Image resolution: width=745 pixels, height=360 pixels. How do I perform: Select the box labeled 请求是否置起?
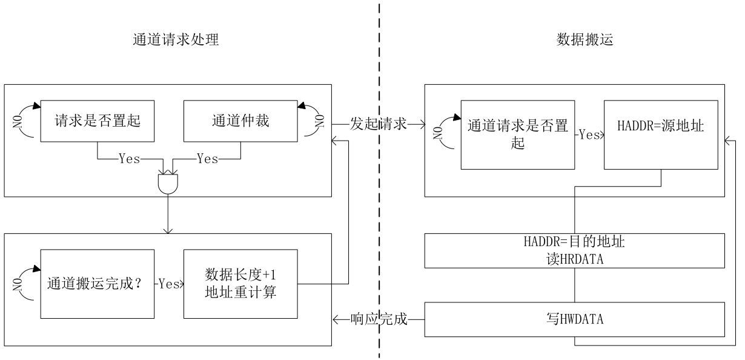tap(98, 121)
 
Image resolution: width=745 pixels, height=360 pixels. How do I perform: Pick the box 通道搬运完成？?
tap(98, 283)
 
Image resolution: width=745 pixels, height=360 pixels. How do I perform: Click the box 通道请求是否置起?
tap(518, 135)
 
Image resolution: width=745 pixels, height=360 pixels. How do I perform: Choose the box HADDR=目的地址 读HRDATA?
tap(574, 249)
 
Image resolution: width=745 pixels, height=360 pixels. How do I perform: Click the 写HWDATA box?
tap(574, 319)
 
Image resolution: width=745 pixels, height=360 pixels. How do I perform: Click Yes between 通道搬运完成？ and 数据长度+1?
tap(170, 283)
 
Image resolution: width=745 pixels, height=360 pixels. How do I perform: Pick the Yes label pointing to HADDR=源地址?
tap(589, 135)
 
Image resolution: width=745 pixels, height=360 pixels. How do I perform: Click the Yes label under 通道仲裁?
tap(207, 159)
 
